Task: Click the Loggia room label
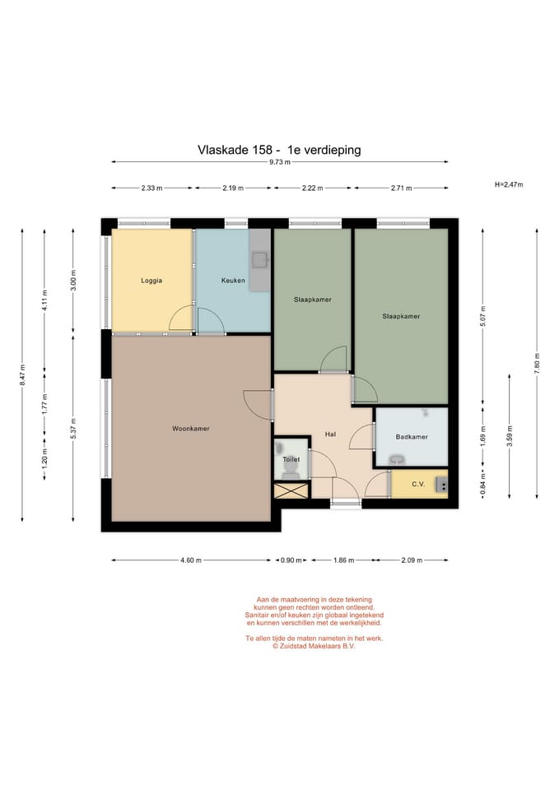click(x=151, y=281)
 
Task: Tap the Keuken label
click(x=233, y=281)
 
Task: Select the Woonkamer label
click(x=190, y=429)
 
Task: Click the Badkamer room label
click(x=412, y=437)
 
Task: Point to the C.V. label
click(x=418, y=484)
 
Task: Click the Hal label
click(x=330, y=434)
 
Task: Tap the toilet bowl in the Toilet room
click(x=291, y=470)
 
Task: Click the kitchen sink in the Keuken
click(x=260, y=259)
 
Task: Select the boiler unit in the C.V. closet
click(x=441, y=485)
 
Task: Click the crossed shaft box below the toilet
click(x=291, y=490)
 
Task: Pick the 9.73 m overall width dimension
click(x=280, y=162)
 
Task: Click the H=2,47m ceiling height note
click(x=509, y=185)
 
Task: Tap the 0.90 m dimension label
click(x=291, y=560)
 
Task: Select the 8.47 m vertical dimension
click(x=22, y=375)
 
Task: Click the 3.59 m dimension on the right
click(x=510, y=436)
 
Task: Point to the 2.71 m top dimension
click(x=401, y=188)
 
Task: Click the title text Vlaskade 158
click(x=235, y=150)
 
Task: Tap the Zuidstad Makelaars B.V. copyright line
click(x=314, y=646)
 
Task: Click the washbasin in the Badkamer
click(x=398, y=459)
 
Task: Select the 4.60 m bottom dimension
click(x=191, y=560)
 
